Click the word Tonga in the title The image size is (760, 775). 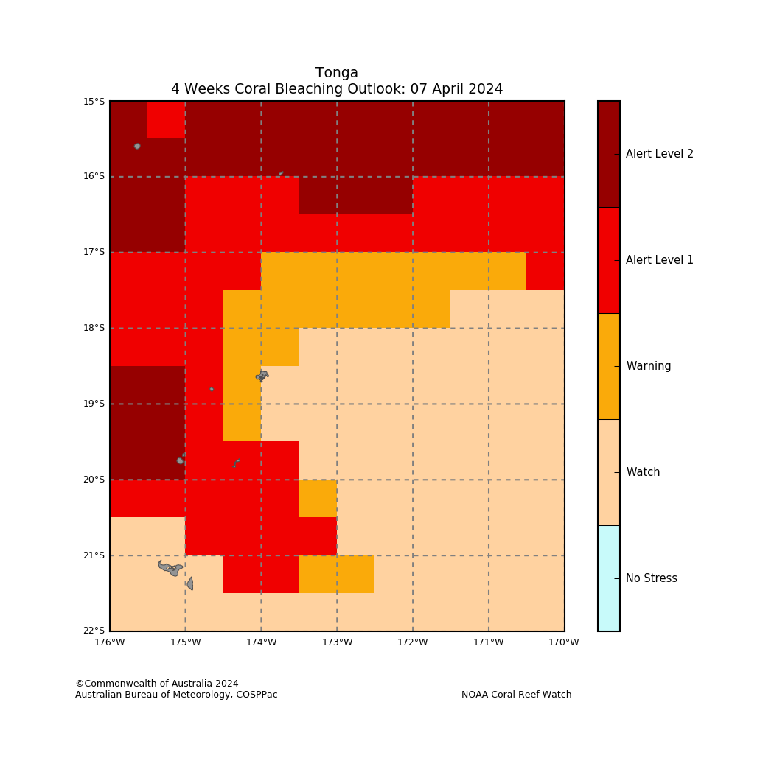click(337, 73)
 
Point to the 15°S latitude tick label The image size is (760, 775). click(94, 102)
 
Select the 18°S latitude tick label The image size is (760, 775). click(94, 328)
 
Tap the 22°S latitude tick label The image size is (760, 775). click(94, 631)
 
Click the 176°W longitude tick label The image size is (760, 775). click(110, 642)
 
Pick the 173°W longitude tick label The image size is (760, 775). click(337, 642)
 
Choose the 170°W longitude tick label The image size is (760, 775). click(564, 642)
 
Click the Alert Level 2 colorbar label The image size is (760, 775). click(660, 154)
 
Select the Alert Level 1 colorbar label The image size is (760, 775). click(660, 260)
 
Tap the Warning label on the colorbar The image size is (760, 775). click(649, 366)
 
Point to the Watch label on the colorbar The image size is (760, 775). click(643, 472)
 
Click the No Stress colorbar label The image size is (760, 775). click(652, 578)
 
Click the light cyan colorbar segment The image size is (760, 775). click(609, 578)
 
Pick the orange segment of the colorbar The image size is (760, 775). click(609, 366)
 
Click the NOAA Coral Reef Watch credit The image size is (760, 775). click(516, 695)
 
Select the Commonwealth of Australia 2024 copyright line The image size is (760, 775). click(157, 684)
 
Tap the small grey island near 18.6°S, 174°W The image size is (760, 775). click(262, 376)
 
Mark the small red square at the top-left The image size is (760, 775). click(167, 120)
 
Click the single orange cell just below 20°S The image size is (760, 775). click(318, 499)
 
